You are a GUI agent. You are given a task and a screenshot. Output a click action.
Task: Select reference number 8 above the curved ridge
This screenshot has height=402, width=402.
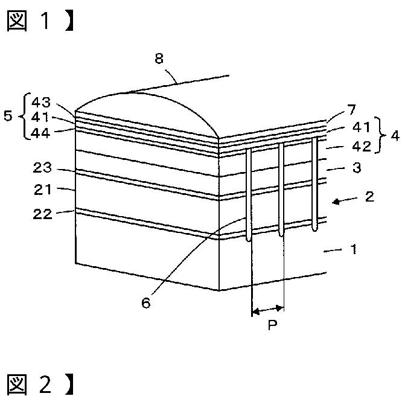[x=159, y=59]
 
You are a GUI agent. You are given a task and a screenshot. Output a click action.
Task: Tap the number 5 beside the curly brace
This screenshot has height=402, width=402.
[x=8, y=115]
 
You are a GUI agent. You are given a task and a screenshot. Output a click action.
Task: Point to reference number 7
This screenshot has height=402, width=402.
[x=352, y=110]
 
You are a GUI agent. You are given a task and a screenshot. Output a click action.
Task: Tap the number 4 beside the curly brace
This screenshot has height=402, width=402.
[x=394, y=136]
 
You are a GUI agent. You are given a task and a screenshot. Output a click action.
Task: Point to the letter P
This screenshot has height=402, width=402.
[x=272, y=326]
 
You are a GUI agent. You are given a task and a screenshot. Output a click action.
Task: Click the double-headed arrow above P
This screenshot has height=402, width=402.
[x=267, y=311]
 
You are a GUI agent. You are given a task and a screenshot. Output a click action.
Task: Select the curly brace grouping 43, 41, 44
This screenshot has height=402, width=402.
[x=21, y=116]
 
